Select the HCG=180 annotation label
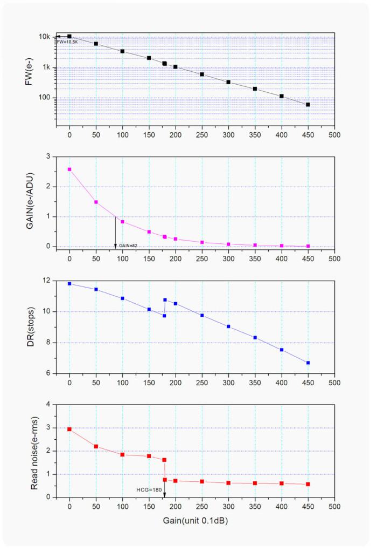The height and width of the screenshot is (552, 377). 148,490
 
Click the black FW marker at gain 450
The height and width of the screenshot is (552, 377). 308,104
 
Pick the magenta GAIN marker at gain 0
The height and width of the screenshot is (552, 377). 69,169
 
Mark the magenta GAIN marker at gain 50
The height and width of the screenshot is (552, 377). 96,202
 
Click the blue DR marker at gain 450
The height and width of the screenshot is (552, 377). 308,363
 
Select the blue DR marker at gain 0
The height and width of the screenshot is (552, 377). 69,283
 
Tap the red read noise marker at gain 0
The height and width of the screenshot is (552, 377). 69,429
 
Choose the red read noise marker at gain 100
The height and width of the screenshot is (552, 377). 122,454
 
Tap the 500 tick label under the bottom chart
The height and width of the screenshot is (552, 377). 334,507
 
